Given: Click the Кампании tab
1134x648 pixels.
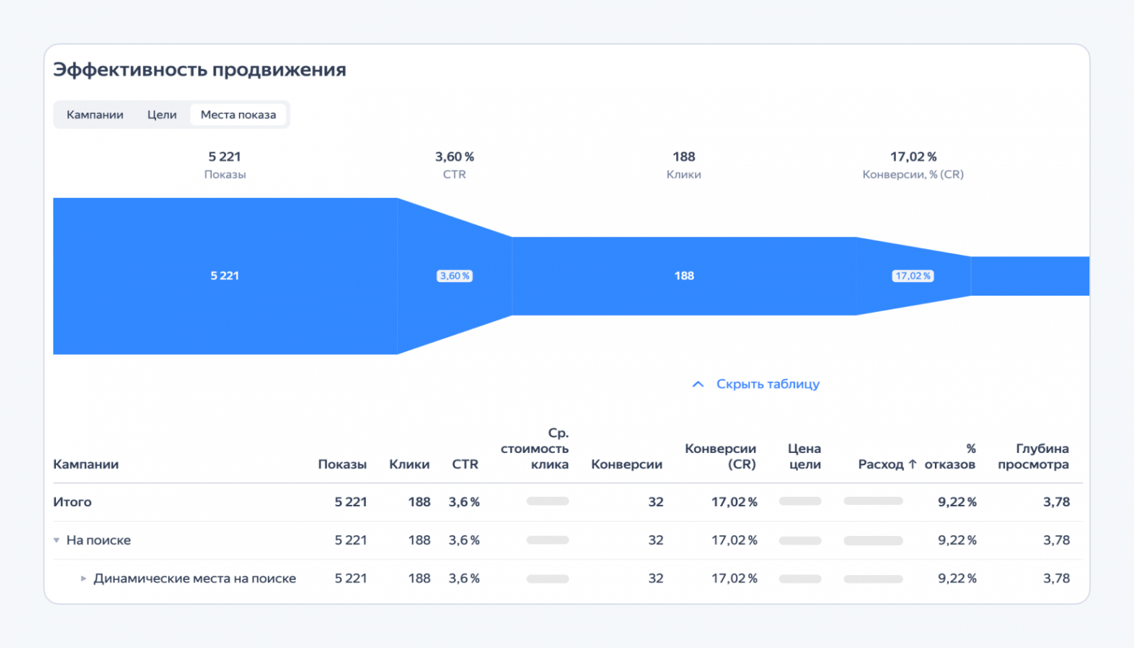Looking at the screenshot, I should tap(95, 115).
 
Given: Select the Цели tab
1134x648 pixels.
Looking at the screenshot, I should tap(162, 115).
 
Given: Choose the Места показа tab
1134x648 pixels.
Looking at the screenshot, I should tap(238, 115).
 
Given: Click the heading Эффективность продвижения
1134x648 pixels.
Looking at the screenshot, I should tap(200, 69).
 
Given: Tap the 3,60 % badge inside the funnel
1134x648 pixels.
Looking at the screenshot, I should tap(454, 276).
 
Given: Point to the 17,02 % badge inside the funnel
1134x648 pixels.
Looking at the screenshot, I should tap(913, 276).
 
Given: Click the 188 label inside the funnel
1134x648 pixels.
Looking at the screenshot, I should tap(684, 276).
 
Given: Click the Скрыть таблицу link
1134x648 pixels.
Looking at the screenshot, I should tap(768, 384).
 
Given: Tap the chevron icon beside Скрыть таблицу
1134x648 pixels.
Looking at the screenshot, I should tap(698, 384).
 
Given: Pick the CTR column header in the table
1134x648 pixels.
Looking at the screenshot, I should tap(465, 464).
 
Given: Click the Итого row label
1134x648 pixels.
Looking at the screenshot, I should tap(72, 502).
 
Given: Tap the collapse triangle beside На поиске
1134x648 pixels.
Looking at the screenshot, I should tap(57, 540).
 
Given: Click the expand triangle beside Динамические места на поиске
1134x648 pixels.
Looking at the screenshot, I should tap(84, 579).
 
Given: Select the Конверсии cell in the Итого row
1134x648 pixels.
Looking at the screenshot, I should tap(656, 502).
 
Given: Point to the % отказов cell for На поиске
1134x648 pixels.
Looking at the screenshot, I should tap(957, 540).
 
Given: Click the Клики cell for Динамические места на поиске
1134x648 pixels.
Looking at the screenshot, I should tap(419, 579).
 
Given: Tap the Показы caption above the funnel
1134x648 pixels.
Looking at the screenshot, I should tap(225, 174).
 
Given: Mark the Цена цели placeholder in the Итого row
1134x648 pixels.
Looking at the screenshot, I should tap(799, 501).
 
